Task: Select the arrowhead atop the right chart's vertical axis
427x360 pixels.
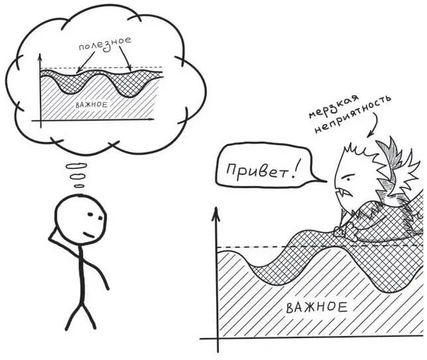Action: (x=215, y=213)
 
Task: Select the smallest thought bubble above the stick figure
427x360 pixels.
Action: (x=79, y=186)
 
